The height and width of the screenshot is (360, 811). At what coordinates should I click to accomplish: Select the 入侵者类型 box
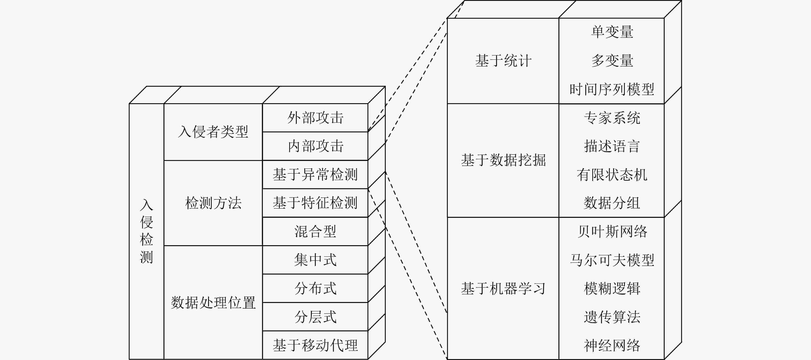pos(213,132)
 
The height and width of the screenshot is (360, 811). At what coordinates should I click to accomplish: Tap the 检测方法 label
pos(213,203)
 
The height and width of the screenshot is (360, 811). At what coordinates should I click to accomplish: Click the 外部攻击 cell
pos(315,118)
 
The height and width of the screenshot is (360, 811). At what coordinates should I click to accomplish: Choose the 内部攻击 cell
pos(315,146)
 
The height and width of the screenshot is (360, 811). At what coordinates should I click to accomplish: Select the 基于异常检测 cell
pos(315,175)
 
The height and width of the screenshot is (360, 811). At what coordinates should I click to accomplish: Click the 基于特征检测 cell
pos(315,203)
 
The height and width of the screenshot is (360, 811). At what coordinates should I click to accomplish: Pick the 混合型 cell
pos(315,231)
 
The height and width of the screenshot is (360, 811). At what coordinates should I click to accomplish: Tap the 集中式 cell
pos(315,260)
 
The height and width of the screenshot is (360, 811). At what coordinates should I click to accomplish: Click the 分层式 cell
pos(315,316)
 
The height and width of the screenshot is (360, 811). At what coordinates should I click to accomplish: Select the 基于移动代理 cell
pos(315,345)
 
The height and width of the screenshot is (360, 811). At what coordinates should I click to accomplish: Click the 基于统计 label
pos(503,61)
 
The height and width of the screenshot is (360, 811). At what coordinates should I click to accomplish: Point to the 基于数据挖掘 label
pos(503,160)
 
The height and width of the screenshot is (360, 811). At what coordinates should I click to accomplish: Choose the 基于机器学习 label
pos(503,288)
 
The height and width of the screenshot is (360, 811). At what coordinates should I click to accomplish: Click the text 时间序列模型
pos(612,89)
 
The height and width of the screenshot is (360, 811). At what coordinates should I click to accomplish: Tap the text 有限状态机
pos(612,175)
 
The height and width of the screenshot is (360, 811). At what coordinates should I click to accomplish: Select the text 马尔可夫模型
pos(612,260)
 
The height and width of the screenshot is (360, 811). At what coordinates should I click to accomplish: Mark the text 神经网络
pos(612,345)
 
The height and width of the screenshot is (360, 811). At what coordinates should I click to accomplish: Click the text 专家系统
pos(612,118)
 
